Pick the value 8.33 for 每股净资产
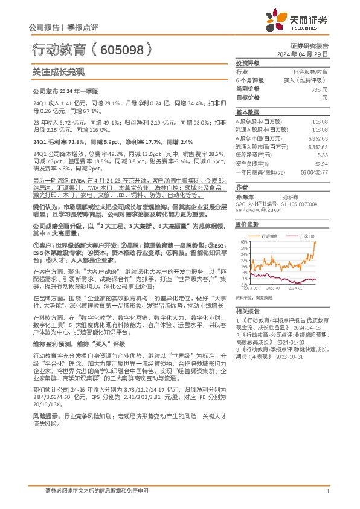pos(323,154)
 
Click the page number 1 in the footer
pos(327,491)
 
